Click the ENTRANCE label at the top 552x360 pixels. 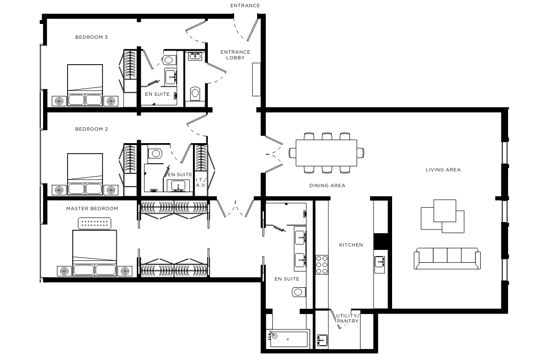245,6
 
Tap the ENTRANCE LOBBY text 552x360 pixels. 235,55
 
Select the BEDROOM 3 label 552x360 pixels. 91,37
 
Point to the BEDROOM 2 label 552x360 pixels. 91,129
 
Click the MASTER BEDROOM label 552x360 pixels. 92,209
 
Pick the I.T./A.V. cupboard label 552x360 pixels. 201,182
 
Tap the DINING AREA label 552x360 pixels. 327,185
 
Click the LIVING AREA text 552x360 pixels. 443,169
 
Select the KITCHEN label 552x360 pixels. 351,245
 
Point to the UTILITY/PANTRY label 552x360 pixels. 348,318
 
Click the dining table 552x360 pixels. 327,153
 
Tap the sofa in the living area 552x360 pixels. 447,259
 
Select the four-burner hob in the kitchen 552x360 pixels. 322,265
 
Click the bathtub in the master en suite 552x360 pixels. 288,338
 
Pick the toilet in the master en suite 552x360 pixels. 299,292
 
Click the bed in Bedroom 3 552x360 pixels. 85,85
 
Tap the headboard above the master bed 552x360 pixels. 94,223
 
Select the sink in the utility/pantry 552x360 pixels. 322,340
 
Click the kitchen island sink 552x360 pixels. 380,262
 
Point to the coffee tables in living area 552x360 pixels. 442,216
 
